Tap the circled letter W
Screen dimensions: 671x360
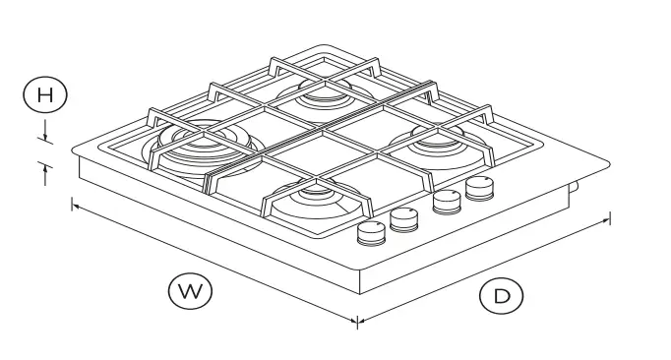point(190,290)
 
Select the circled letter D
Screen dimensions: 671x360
point(502,296)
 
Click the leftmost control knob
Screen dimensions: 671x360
point(371,232)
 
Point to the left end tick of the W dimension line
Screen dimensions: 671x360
point(73,205)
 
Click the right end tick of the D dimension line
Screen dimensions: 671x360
point(610,217)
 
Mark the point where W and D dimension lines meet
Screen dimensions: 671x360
point(356,321)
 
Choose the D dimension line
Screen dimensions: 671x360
point(482,270)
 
